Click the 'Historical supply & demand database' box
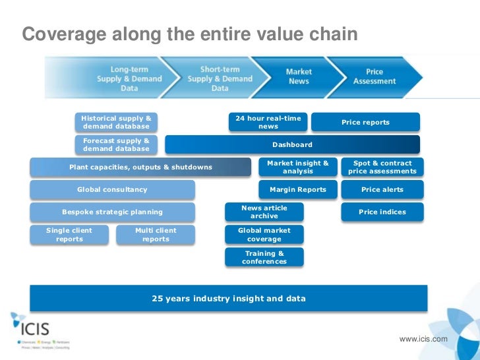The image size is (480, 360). [116, 122]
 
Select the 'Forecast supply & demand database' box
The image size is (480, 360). [116, 144]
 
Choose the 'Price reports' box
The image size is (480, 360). [365, 122]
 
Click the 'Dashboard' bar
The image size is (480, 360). [292, 144]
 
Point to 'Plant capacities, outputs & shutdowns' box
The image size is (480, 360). [140, 167]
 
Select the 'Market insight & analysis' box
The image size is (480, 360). [297, 167]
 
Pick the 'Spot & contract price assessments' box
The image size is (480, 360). [382, 167]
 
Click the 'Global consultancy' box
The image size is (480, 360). [112, 190]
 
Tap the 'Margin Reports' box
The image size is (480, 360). [297, 190]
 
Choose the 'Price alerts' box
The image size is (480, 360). [382, 190]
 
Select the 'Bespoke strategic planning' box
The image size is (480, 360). [112, 212]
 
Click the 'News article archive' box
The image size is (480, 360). [264, 212]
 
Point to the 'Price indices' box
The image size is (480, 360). [382, 212]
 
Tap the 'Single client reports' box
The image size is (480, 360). [69, 235]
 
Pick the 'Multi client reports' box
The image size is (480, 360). [156, 235]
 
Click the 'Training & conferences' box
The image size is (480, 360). [264, 257]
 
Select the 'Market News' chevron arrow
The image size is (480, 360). [298, 76]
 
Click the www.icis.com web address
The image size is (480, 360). [423, 339]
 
